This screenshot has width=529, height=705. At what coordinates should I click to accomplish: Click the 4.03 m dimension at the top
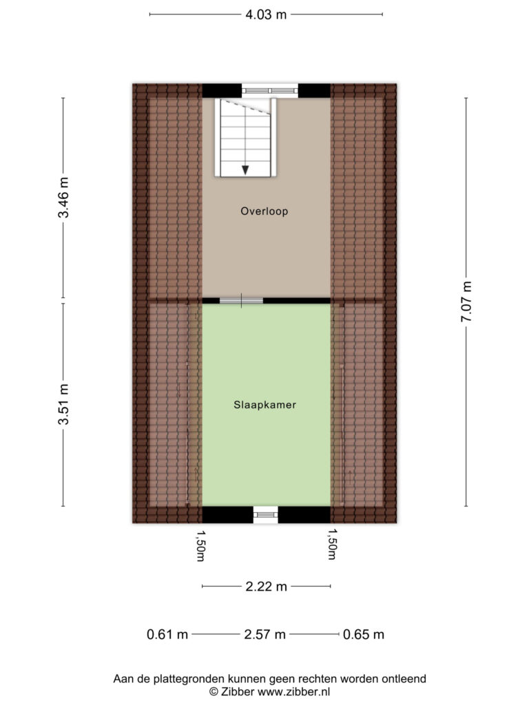[266, 14]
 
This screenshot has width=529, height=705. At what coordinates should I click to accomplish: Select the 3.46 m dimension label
[63, 198]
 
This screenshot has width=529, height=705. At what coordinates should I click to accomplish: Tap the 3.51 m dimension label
[63, 404]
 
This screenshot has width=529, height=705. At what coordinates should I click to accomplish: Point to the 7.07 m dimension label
[466, 302]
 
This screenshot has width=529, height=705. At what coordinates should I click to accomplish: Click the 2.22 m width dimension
[266, 587]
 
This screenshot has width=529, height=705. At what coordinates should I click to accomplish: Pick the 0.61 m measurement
[167, 634]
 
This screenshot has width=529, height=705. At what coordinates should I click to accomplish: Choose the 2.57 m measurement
[265, 634]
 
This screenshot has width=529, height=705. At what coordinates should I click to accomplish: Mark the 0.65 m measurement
[364, 634]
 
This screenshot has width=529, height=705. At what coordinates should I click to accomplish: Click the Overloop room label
[264, 211]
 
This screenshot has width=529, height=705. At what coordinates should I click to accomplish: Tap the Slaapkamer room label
[265, 405]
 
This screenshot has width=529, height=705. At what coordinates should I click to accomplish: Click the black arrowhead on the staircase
[245, 170]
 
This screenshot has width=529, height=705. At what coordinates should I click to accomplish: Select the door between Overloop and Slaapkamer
[241, 300]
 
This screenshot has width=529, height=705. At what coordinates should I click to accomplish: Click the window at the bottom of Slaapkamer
[265, 514]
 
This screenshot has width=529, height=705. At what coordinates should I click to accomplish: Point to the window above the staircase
[270, 91]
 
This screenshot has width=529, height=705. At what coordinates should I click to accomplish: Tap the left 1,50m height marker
[200, 545]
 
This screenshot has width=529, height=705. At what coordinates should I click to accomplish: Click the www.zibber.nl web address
[293, 692]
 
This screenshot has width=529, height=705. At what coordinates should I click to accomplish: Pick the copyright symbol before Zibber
[214, 692]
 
